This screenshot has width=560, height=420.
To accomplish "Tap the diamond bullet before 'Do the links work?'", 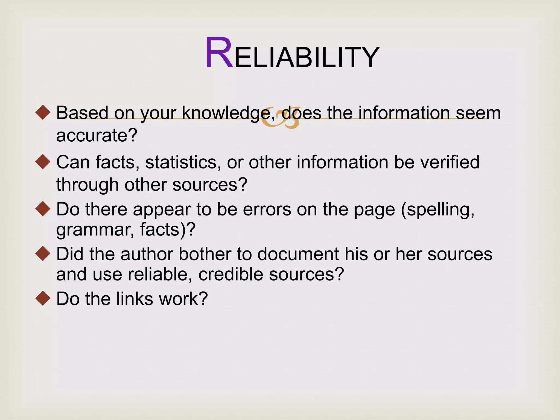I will click(43, 298).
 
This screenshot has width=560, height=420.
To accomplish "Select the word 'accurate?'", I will click(97, 135).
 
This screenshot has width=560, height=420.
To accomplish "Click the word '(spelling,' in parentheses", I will click(437, 210).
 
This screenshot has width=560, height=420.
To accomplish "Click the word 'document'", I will click(298, 254).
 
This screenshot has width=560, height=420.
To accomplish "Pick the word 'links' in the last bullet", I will click(135, 299).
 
